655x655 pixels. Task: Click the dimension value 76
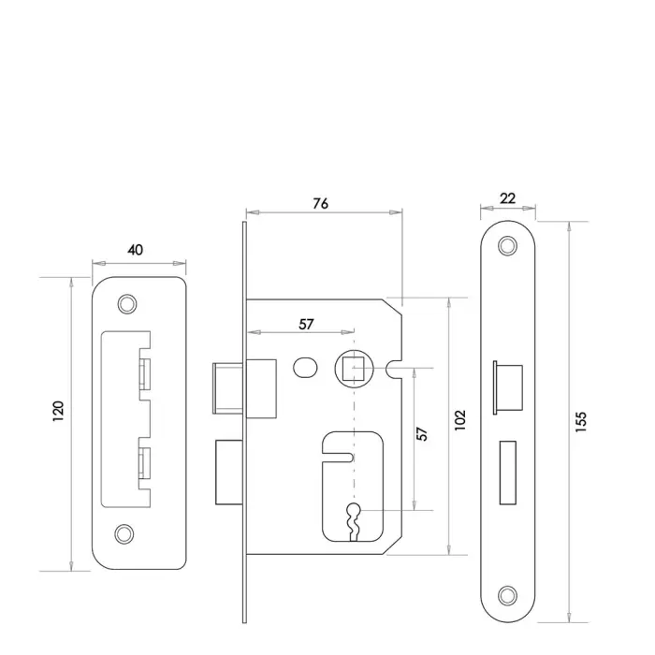(320, 204)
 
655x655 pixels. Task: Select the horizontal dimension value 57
(305, 324)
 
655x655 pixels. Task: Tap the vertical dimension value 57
(422, 435)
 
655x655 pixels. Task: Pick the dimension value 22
(508, 197)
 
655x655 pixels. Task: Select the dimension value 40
(136, 250)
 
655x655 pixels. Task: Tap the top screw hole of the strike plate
(124, 304)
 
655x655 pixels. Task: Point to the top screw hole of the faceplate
(507, 246)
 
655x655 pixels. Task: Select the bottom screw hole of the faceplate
(507, 594)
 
